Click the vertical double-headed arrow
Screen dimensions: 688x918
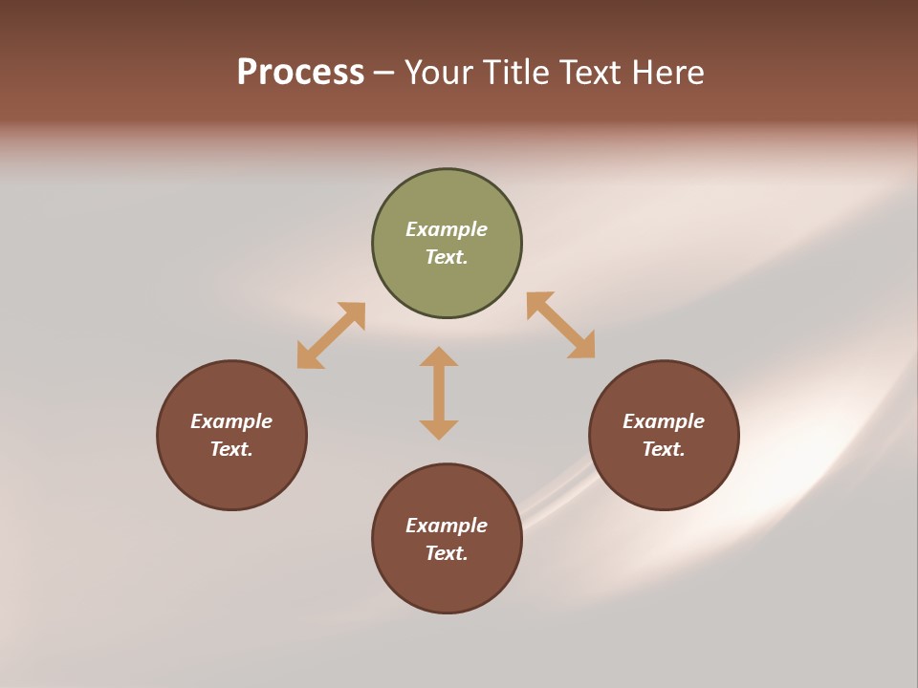point(439,393)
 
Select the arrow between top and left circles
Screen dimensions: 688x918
point(331,335)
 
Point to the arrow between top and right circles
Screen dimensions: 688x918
point(561,325)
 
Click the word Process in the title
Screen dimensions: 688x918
point(300,73)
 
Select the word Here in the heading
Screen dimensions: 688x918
point(667,73)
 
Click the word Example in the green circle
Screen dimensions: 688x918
point(447,229)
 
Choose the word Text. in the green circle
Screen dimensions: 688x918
point(447,257)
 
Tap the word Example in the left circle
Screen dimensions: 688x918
point(231,421)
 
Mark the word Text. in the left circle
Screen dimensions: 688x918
point(231,449)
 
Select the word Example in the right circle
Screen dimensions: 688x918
point(664,421)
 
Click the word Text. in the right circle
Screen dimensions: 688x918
point(664,449)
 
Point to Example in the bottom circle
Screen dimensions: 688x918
point(447,526)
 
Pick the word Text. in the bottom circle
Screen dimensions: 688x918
point(447,553)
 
